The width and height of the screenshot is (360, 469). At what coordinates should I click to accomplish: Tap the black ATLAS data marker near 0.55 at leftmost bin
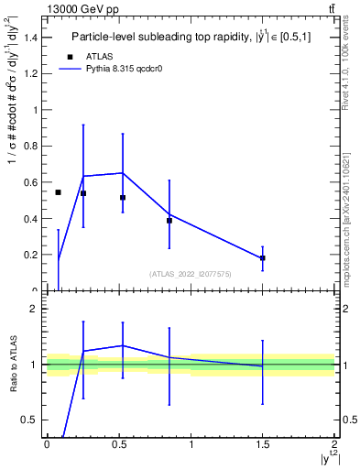click(x=58, y=192)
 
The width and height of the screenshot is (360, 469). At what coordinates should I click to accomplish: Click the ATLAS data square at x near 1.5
click(x=263, y=258)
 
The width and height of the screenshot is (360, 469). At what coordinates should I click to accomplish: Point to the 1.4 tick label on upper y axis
click(x=32, y=38)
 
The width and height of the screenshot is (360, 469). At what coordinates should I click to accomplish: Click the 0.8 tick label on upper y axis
click(x=32, y=147)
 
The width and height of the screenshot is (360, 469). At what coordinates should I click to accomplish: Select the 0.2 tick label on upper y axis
click(x=32, y=256)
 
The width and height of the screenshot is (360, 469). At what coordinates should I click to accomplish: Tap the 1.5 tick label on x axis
click(x=263, y=444)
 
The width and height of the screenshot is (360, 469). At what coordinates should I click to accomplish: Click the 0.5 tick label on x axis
click(x=118, y=444)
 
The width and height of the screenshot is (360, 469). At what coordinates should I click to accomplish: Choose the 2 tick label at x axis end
click(x=334, y=444)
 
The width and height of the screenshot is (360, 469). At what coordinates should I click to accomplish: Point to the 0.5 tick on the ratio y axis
click(x=32, y=420)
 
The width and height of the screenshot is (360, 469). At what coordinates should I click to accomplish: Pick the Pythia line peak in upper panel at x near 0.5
click(x=123, y=172)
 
